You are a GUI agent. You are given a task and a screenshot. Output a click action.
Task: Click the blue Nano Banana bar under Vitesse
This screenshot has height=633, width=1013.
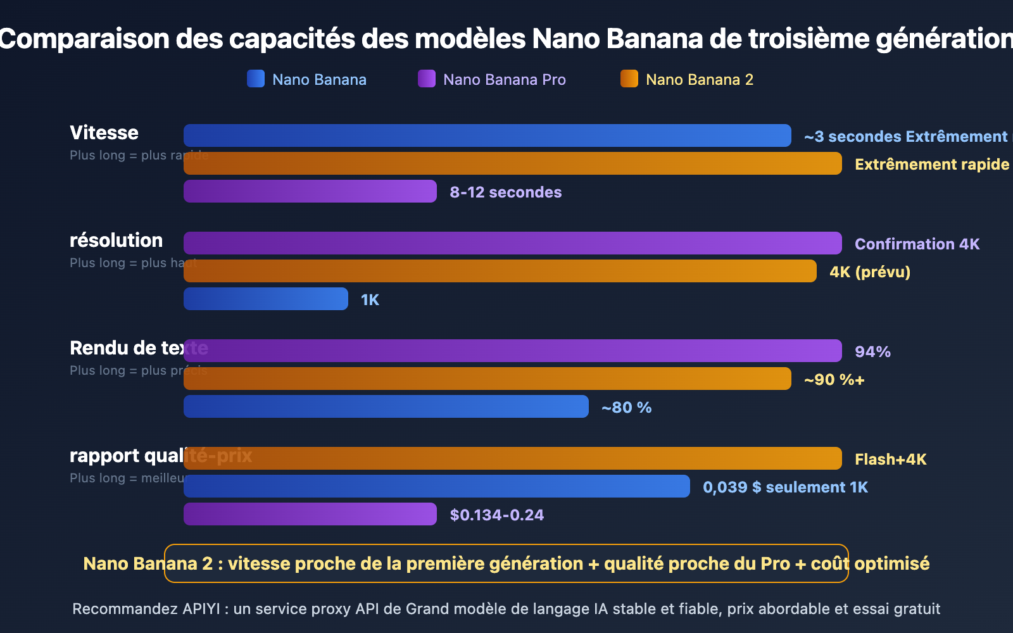click(488, 135)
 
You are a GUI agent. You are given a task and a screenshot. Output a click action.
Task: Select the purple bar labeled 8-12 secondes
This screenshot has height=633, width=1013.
click(310, 191)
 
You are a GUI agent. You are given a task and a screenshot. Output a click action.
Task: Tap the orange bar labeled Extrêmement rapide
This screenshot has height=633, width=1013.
click(513, 163)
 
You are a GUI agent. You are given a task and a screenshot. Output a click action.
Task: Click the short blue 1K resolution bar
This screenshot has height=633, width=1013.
click(266, 299)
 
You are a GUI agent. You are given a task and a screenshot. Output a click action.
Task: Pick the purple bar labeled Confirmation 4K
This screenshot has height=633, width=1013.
click(513, 243)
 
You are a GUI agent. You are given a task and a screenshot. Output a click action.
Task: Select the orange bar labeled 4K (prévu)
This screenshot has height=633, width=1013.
click(500, 271)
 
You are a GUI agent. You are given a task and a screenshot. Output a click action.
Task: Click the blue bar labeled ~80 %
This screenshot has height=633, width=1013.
click(386, 406)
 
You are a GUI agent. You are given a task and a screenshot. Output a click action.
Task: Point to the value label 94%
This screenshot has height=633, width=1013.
click(872, 352)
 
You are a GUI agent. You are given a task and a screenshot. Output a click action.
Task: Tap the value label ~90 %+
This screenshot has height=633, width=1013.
click(834, 380)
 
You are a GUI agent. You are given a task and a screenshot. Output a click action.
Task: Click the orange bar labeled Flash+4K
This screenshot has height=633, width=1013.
click(513, 458)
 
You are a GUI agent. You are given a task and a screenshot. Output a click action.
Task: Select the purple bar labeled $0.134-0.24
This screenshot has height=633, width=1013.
click(310, 514)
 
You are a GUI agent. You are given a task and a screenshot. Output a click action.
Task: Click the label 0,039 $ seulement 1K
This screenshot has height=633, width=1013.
click(785, 487)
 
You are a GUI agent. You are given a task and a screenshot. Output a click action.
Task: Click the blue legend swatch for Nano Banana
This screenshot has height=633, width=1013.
click(256, 78)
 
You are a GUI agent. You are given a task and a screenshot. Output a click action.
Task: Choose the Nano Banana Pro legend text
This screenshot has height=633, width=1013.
click(504, 80)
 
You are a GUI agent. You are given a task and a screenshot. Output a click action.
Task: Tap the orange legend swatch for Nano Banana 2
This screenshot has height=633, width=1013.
click(629, 78)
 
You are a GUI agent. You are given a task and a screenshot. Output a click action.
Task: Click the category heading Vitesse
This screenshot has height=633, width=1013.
click(104, 133)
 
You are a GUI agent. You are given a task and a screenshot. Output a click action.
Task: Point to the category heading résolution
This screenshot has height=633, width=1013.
click(116, 241)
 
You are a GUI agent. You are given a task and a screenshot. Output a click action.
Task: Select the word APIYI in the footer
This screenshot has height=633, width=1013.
click(201, 609)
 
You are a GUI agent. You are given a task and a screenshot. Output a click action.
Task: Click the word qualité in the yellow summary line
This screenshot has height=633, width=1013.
click(634, 563)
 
